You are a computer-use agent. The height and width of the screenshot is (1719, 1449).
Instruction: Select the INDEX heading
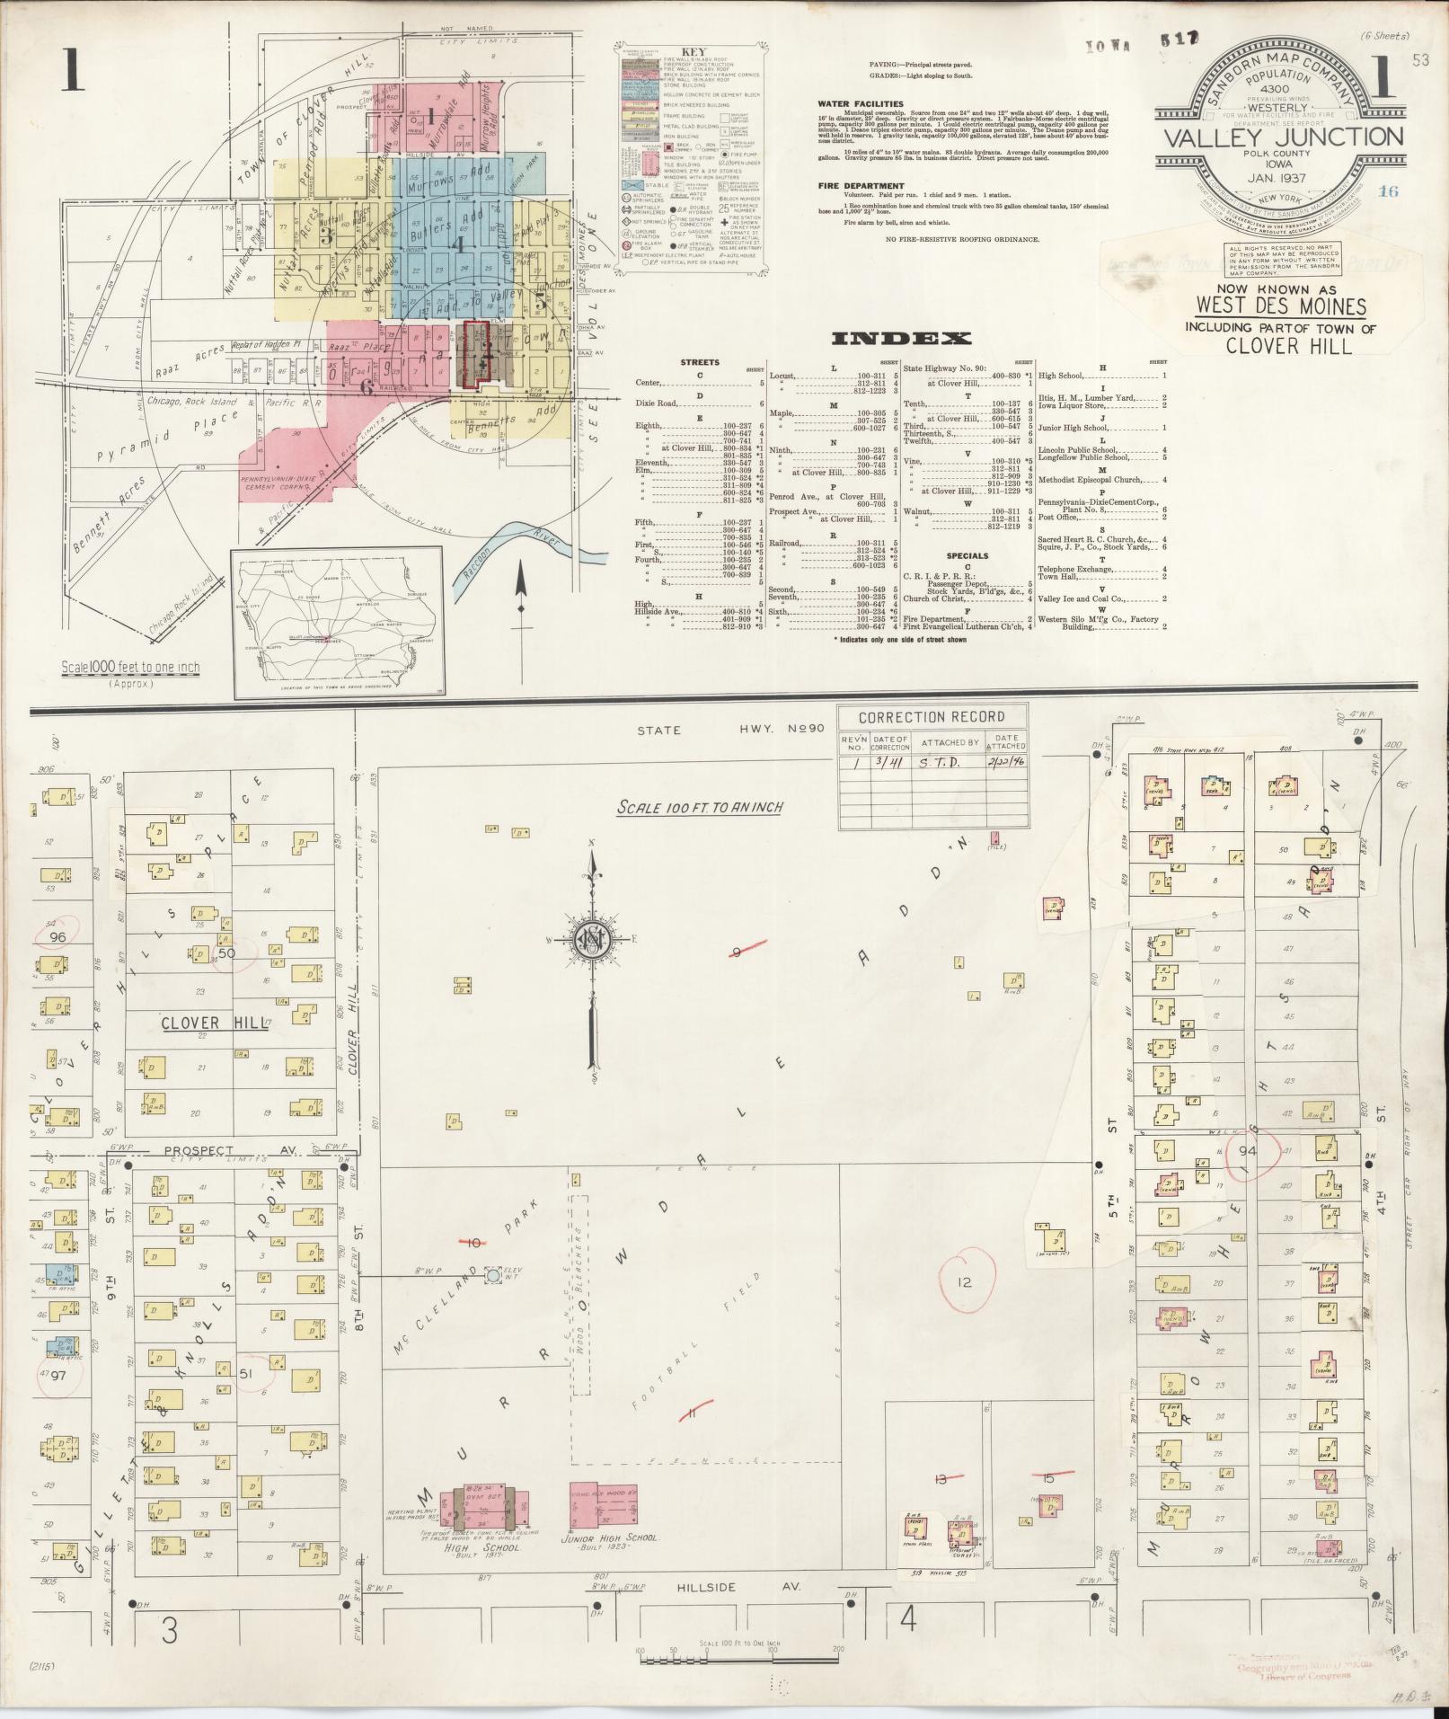coord(901,338)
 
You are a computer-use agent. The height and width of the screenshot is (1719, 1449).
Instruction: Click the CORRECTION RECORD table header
coord(931,717)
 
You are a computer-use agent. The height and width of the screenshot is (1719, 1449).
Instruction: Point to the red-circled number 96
coord(59,936)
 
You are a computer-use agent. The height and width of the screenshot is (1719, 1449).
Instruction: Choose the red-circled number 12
coord(965,1282)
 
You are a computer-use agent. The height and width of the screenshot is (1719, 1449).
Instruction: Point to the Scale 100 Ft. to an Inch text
coord(699,807)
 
